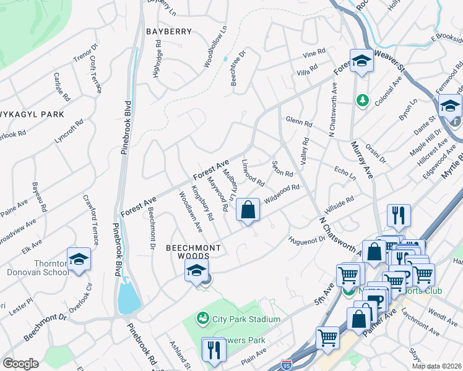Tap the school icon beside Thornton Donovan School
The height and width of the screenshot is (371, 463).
click(79, 260)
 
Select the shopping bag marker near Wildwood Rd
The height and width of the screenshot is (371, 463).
click(248, 210)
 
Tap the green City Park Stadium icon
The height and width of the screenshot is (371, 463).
click(202, 319)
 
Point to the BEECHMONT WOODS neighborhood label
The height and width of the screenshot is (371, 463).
click(193, 251)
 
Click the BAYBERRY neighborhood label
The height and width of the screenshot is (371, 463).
click(169, 31)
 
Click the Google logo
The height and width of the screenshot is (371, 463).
click(20, 364)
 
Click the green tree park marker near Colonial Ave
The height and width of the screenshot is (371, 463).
click(361, 100)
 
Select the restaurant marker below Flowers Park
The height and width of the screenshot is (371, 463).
click(214, 349)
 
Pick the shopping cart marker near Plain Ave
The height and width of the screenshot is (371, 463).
click(327, 338)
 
